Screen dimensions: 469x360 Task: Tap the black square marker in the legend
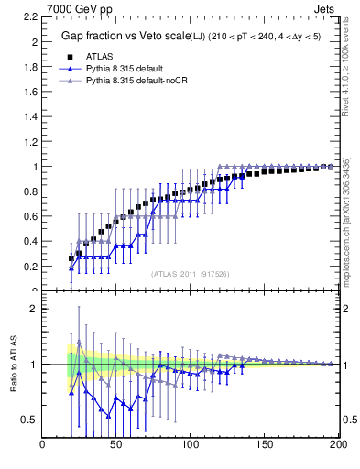[75, 56]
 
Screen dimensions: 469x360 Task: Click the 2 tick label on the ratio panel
[32, 309]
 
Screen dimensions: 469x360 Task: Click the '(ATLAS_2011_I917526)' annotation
[189, 274]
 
